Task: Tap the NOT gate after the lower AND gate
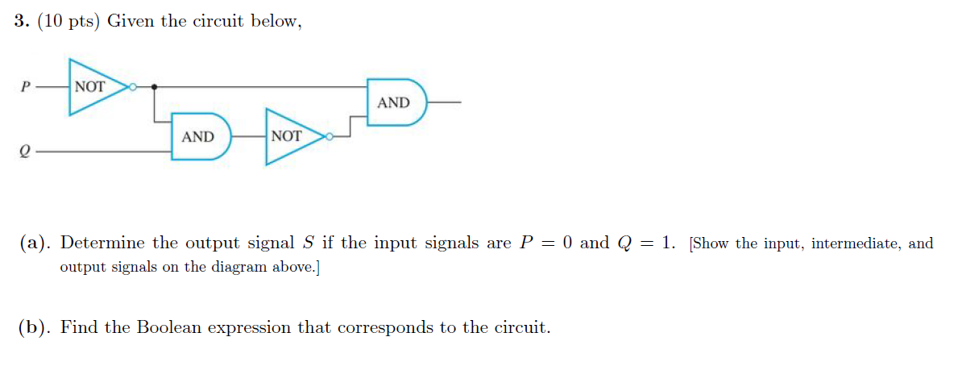[291, 136]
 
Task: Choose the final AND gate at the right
[395, 102]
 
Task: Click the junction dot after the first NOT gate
[154, 85]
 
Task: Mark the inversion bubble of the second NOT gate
[330, 136]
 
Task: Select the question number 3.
[20, 23]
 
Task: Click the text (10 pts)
[68, 23]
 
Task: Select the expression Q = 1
[646, 243]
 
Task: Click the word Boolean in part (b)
[175, 328]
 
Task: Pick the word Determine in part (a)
[102, 243]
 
